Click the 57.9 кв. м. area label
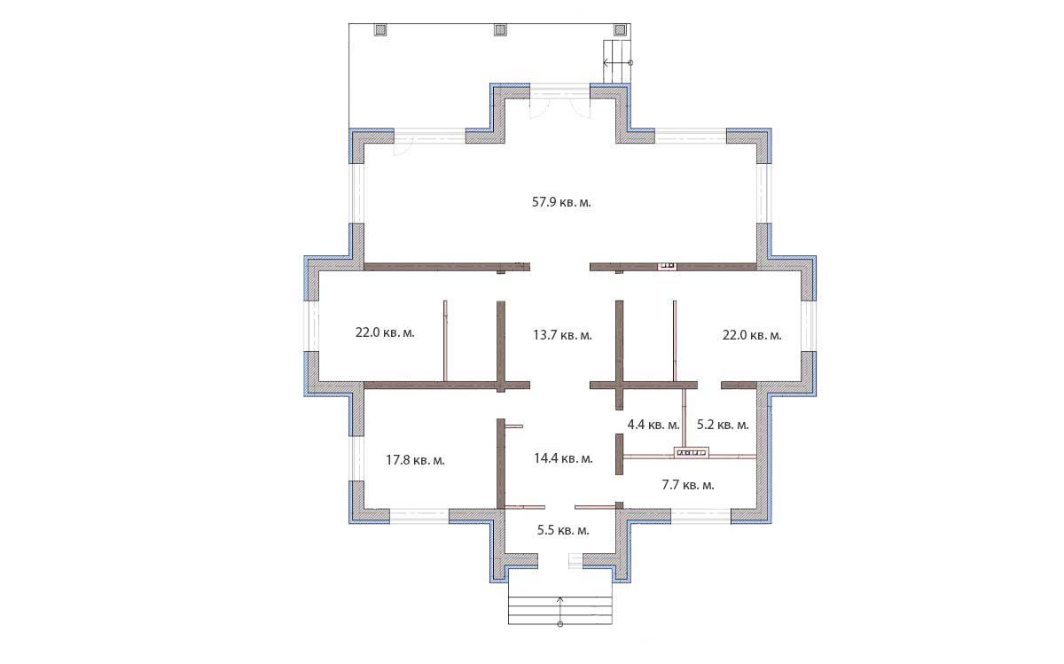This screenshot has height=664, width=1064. (x=561, y=202)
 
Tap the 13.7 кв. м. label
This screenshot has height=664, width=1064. (x=562, y=335)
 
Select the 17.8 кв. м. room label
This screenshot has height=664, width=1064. (x=415, y=460)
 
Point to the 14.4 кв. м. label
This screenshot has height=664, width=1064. (x=563, y=458)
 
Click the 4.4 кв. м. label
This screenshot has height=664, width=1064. (x=653, y=425)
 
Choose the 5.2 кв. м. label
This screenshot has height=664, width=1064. (x=723, y=425)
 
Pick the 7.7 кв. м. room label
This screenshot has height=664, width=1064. (x=688, y=485)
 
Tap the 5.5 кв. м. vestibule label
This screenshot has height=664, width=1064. (x=563, y=530)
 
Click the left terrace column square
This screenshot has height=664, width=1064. (x=380, y=30)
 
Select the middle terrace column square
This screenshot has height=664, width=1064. (x=500, y=30)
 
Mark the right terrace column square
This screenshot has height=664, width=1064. (x=620, y=30)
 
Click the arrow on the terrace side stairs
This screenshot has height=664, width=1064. (x=617, y=62)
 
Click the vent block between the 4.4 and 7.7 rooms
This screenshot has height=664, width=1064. (x=691, y=453)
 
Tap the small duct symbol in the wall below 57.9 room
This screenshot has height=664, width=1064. (x=668, y=266)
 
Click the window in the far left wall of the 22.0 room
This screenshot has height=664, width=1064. (x=311, y=326)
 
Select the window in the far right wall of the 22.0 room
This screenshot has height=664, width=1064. (x=809, y=326)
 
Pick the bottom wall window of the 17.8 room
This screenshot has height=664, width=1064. (x=419, y=516)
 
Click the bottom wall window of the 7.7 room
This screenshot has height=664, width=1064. (x=701, y=516)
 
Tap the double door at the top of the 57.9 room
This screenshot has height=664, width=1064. (x=560, y=101)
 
